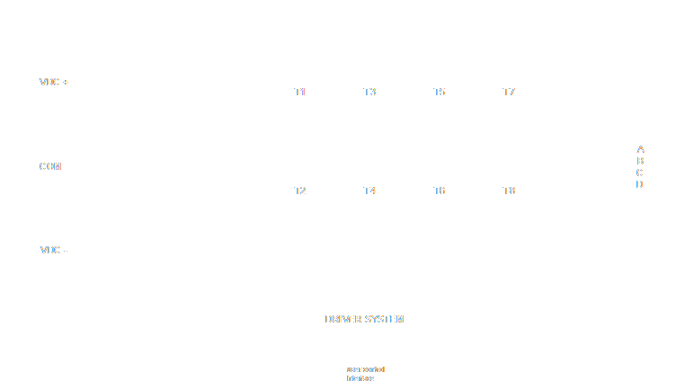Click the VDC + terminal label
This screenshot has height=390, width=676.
(54, 82)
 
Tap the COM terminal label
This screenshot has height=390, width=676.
(50, 166)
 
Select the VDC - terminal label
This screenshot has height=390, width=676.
(54, 251)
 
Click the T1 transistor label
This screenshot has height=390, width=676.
(300, 93)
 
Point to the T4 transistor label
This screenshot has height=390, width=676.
(369, 191)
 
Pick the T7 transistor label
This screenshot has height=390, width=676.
(509, 93)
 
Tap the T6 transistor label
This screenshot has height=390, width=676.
(439, 191)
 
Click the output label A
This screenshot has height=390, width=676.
(640, 149)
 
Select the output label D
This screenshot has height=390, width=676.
(640, 184)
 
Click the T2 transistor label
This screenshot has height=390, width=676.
(300, 191)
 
